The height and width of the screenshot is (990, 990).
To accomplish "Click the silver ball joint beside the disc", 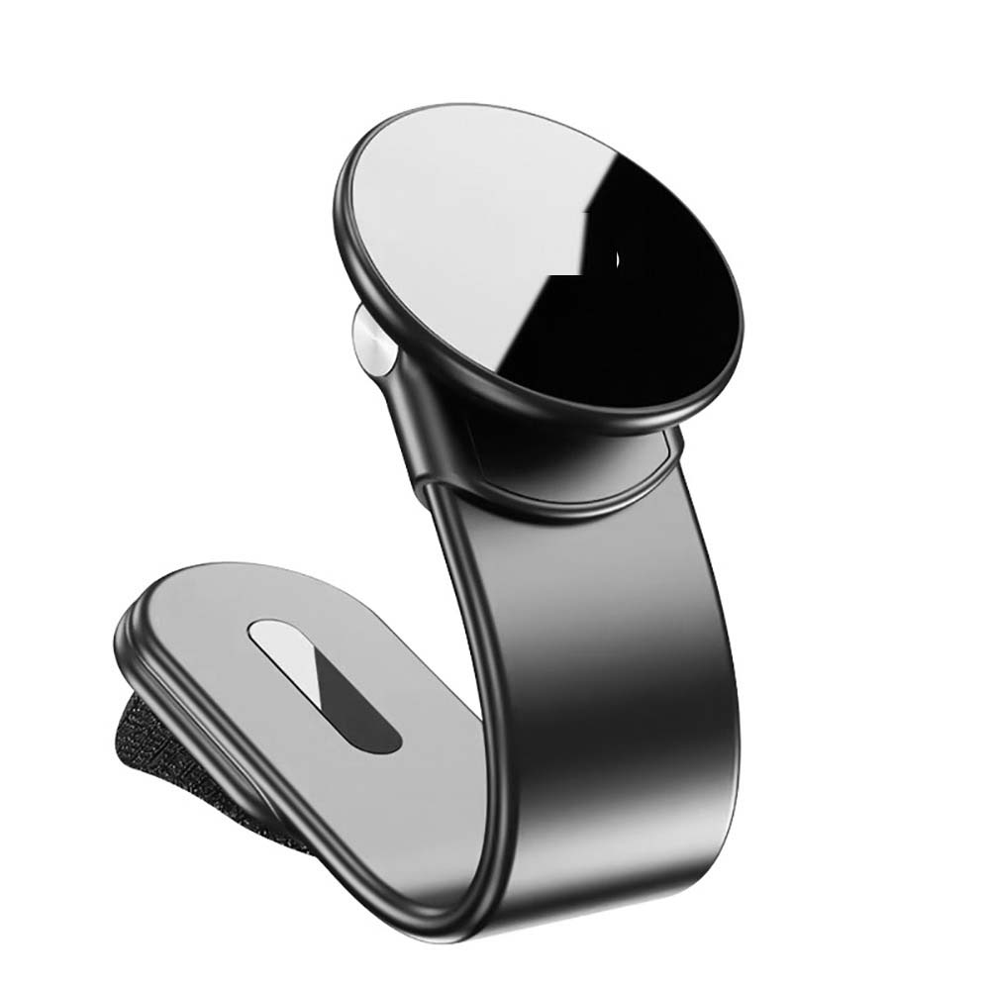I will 368,337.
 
